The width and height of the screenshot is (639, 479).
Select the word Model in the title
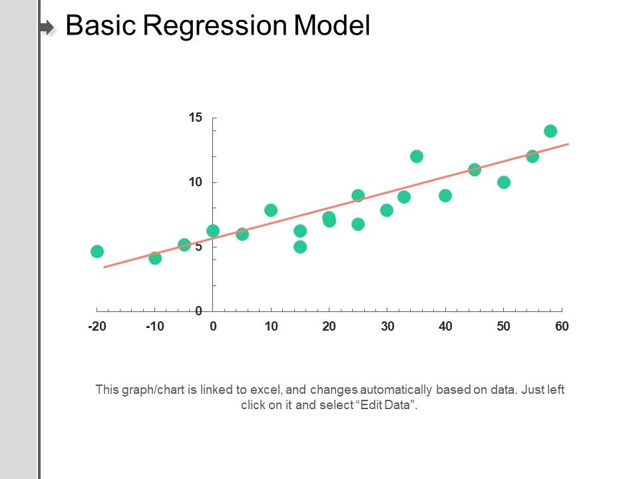(331, 26)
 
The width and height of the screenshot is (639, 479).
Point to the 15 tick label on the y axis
(194, 118)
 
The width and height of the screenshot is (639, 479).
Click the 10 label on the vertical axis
(194, 182)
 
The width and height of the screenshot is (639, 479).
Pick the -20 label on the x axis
(97, 327)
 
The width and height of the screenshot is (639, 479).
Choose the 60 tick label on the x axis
(562, 327)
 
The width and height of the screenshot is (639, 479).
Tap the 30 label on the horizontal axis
(387, 327)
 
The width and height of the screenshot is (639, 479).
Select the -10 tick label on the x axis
(154, 327)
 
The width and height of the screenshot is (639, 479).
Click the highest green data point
(550, 131)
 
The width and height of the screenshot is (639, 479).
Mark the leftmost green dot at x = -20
(97, 251)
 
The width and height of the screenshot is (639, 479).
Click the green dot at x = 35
(417, 156)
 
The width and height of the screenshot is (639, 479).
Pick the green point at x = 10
(271, 210)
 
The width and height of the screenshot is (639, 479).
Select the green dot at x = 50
(504, 182)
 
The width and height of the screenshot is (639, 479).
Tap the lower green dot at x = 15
(300, 247)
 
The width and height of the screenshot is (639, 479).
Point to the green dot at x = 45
(475, 170)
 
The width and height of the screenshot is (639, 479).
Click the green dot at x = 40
(445, 196)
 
